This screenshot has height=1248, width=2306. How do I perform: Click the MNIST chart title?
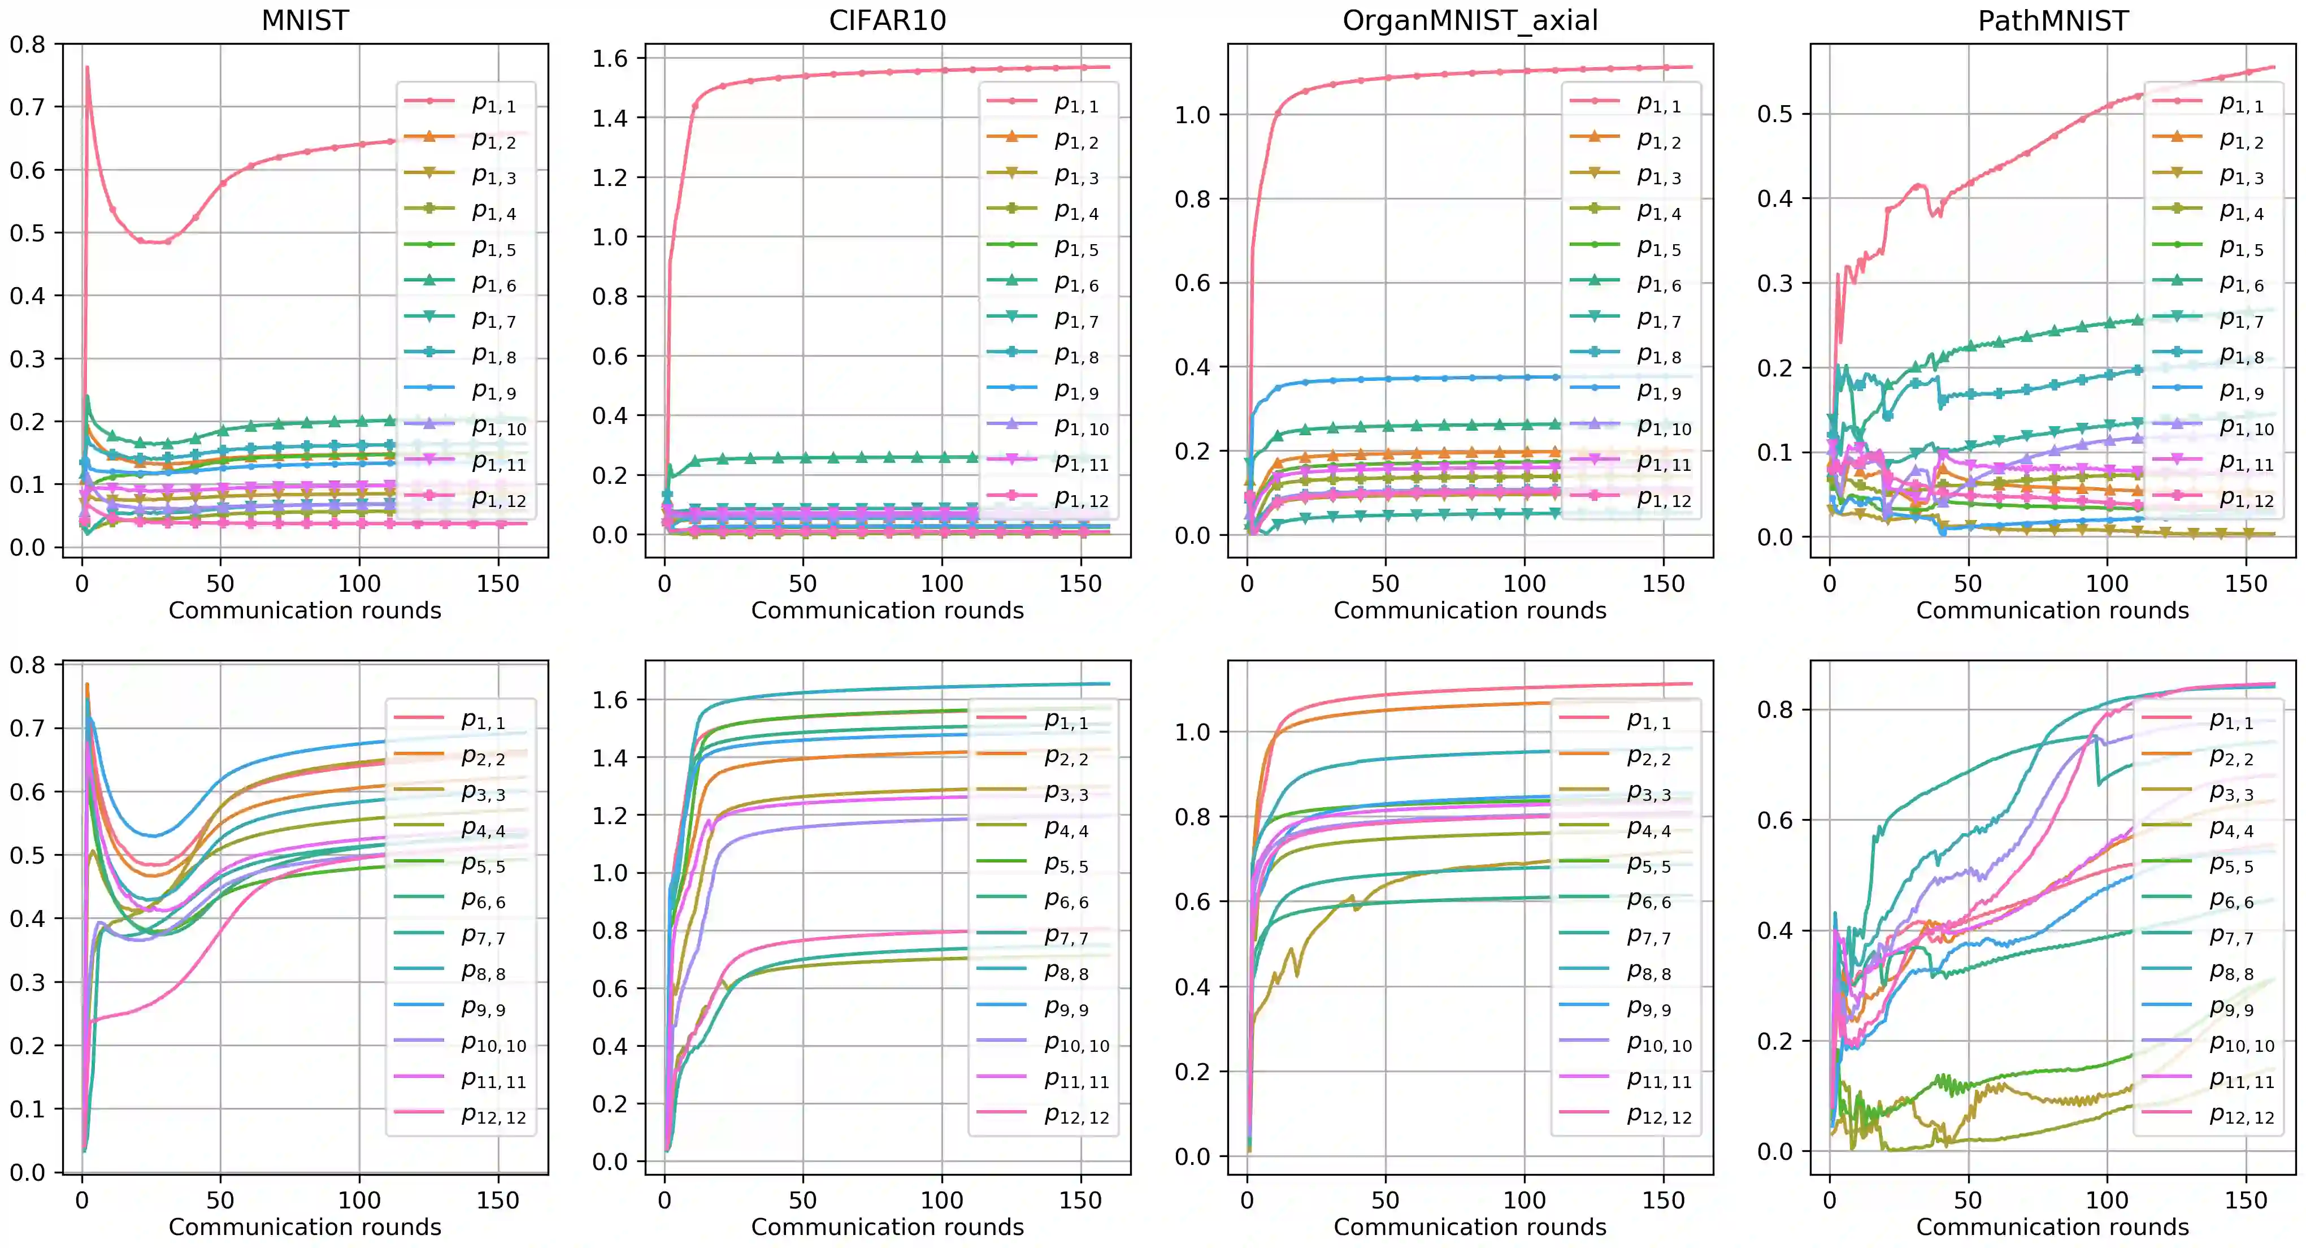point(305,20)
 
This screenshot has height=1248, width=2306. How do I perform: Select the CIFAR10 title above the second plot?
point(887,20)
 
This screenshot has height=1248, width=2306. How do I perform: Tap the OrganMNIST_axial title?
point(1470,20)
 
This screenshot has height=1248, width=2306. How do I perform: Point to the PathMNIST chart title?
point(2053,20)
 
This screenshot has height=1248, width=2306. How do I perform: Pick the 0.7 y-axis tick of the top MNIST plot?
point(27,107)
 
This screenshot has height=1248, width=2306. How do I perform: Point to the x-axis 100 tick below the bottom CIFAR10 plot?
point(942,1201)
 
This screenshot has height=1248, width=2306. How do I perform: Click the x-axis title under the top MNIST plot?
point(305,610)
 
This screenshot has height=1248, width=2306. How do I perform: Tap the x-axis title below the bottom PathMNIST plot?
point(2053,1227)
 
